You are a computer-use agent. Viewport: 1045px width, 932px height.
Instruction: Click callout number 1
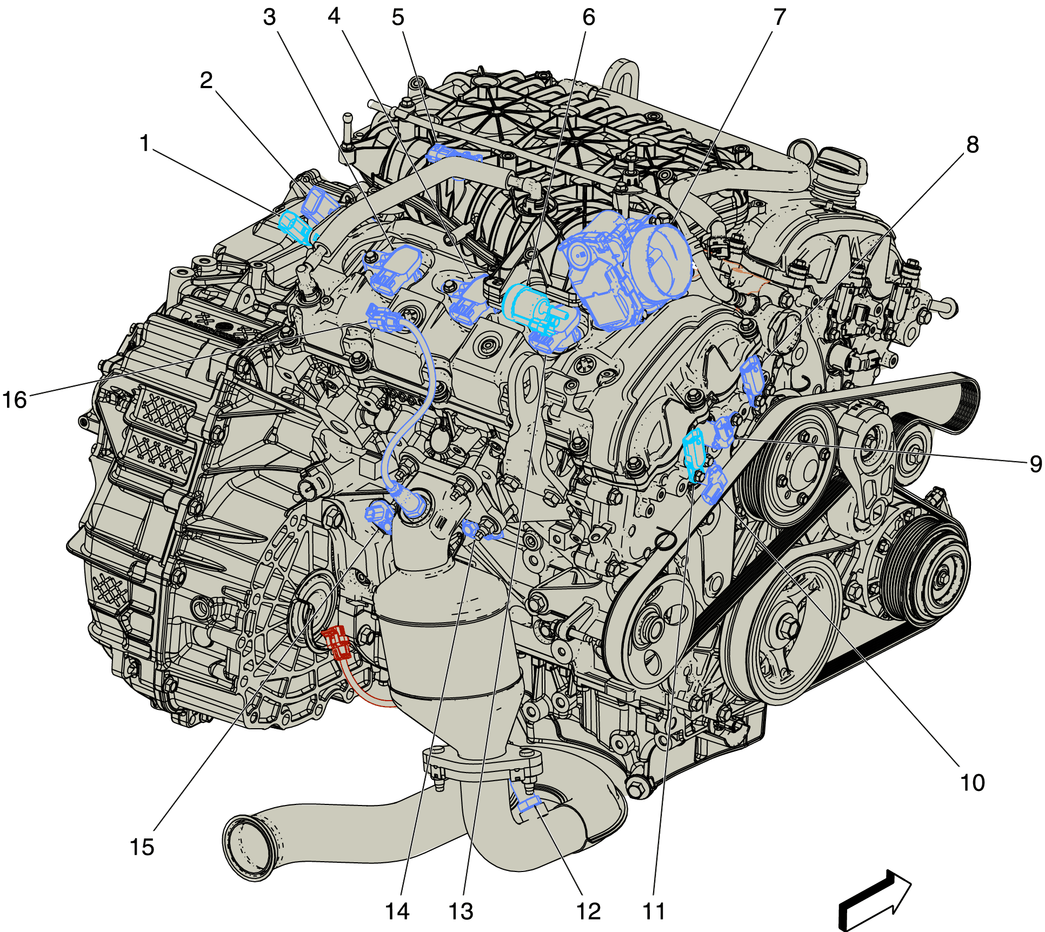point(144,144)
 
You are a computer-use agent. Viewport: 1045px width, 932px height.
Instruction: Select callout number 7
point(779,18)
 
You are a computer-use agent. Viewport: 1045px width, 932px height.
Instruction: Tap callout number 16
point(15,400)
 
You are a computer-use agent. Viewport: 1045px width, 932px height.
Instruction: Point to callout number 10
point(972,783)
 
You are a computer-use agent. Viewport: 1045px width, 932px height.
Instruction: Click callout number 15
point(142,847)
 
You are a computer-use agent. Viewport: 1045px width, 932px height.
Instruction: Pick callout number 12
point(589,911)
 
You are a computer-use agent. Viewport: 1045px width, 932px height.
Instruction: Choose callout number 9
point(1035,464)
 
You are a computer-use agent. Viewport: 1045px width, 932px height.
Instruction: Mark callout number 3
point(269,18)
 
